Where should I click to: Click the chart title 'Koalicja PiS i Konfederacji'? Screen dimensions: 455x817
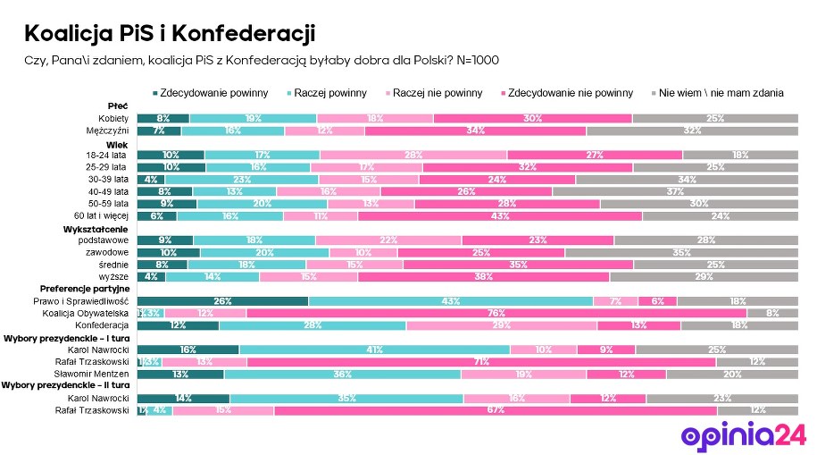pyautogui.click(x=169, y=34)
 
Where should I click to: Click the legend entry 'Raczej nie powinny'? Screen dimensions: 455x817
pyautogui.click(x=432, y=93)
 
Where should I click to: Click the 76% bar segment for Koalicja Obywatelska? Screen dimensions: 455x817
pyautogui.click(x=496, y=313)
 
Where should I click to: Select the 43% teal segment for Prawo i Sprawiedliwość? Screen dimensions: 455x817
pyautogui.click(x=450, y=301)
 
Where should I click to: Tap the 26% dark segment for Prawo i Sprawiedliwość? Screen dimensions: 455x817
pyautogui.click(x=222, y=301)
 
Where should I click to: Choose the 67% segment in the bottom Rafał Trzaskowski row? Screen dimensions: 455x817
pyautogui.click(x=496, y=410)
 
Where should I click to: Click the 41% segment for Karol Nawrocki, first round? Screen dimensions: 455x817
pyautogui.click(x=374, y=350)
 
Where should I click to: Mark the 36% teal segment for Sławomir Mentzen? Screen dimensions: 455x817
pyautogui.click(x=342, y=374)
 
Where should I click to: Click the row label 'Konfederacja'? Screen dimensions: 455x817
pyautogui.click(x=104, y=324)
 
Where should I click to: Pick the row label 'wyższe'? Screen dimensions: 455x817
pyautogui.click(x=117, y=276)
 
